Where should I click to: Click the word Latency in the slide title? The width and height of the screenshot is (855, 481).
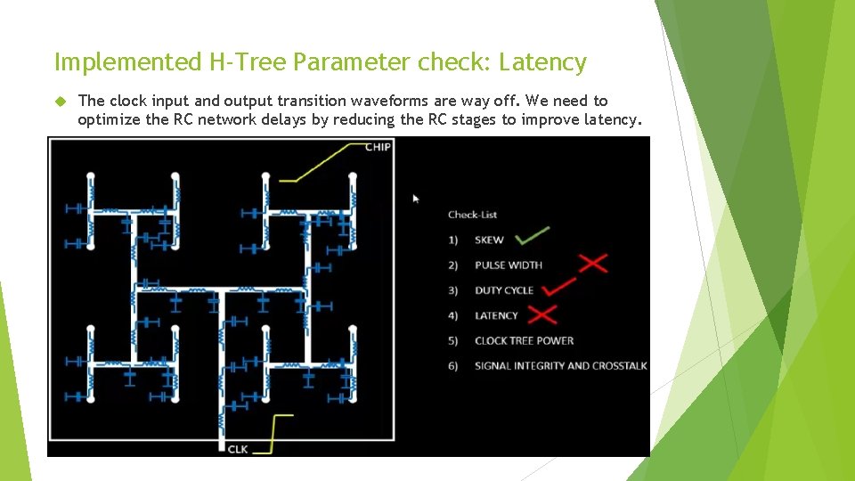point(542,62)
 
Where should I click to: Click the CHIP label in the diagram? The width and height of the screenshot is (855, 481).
point(378,146)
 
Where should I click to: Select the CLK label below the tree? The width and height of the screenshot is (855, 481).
point(238,448)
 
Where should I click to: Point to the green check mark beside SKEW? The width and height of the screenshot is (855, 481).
point(533,236)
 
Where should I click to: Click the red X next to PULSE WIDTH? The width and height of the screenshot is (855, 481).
point(593,263)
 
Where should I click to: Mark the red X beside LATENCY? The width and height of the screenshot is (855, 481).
point(541,314)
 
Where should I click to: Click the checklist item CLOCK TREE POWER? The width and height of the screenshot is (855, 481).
point(524,340)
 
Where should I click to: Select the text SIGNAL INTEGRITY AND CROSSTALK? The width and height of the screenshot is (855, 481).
point(560,366)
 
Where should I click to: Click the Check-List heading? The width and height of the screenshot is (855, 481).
point(472,215)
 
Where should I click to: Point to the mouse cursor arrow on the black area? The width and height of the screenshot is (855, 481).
point(416,199)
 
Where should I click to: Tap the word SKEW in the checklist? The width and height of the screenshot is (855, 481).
point(489,240)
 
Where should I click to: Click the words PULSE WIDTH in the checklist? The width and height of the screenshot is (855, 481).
point(508,265)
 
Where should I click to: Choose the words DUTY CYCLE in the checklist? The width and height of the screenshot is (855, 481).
point(504,290)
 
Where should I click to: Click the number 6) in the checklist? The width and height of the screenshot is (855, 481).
point(453,366)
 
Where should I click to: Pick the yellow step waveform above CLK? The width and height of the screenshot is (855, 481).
point(281,428)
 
